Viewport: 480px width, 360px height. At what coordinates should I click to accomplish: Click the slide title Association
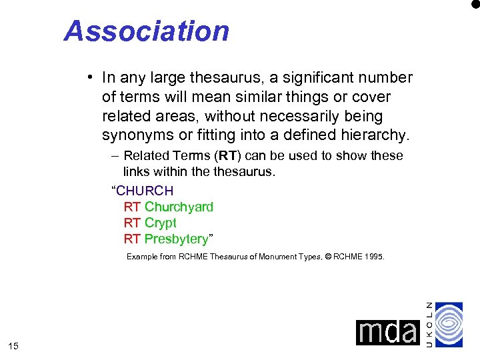click(x=147, y=31)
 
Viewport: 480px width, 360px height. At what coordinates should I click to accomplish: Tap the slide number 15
click(x=13, y=345)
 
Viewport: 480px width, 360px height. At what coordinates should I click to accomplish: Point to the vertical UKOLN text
click(x=429, y=324)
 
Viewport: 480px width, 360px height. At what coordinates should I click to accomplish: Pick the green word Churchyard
click(x=179, y=207)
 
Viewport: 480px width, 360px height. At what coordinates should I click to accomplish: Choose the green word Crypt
click(x=160, y=223)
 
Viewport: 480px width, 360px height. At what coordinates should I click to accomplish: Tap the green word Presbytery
click(x=176, y=239)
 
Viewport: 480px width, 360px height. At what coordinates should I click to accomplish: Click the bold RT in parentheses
click(x=228, y=155)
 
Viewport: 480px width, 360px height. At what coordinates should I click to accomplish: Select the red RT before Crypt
click(x=132, y=223)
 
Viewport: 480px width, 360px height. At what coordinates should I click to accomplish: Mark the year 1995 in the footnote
click(x=373, y=256)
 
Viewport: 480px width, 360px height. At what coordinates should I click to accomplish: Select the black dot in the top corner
click(x=475, y=3)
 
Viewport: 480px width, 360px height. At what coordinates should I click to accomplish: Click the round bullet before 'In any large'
click(x=89, y=78)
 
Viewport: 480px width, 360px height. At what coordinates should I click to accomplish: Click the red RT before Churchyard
click(x=132, y=207)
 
